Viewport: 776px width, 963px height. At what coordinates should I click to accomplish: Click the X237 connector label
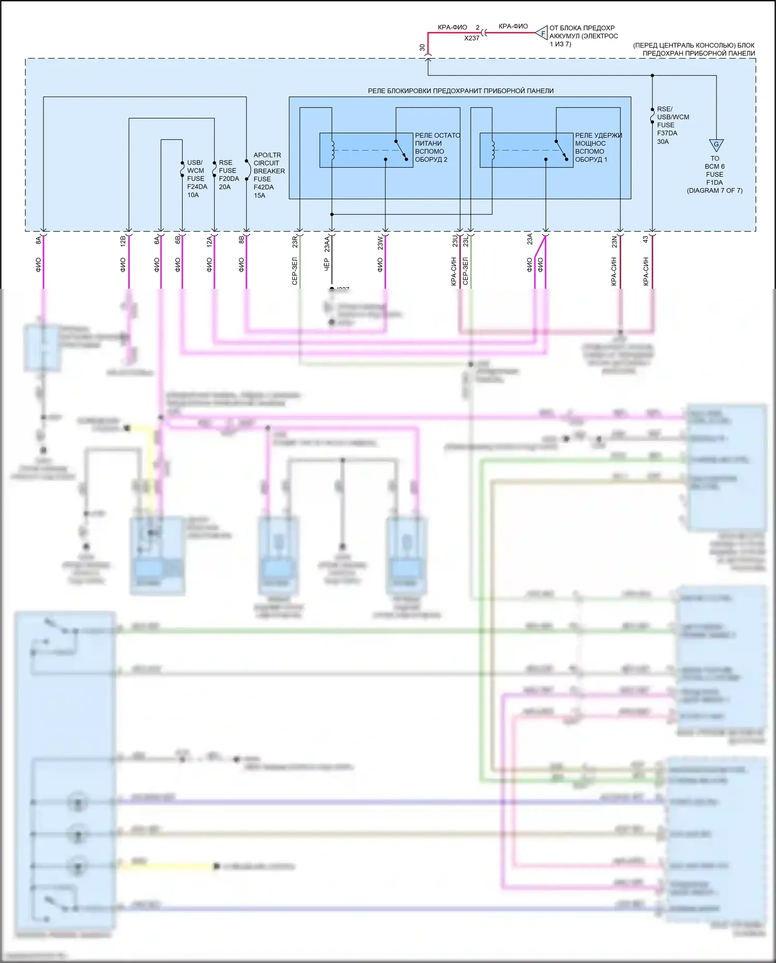click(x=471, y=38)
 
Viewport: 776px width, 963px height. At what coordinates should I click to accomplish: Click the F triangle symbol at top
click(x=542, y=34)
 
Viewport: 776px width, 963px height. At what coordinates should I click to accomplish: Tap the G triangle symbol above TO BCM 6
click(x=716, y=145)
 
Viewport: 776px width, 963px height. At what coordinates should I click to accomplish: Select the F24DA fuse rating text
click(x=197, y=187)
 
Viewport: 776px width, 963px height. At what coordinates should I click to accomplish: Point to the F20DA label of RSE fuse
click(x=229, y=179)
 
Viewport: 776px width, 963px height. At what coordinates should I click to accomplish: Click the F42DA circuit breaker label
click(x=263, y=187)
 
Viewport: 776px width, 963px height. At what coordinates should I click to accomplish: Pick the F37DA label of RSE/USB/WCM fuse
click(x=667, y=134)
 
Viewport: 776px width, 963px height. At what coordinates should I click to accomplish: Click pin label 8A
click(x=38, y=241)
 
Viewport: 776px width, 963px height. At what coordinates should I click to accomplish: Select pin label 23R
click(x=294, y=242)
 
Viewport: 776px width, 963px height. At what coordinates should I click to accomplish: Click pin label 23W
click(x=380, y=243)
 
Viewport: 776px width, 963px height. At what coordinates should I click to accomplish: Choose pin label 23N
click(x=614, y=242)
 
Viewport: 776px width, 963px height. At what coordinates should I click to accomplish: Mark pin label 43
click(x=646, y=240)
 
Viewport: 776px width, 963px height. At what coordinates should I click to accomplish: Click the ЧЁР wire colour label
click(x=326, y=264)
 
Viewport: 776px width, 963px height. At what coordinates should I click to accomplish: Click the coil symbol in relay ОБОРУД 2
click(x=333, y=150)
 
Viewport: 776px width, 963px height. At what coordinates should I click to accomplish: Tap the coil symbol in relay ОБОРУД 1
click(x=493, y=150)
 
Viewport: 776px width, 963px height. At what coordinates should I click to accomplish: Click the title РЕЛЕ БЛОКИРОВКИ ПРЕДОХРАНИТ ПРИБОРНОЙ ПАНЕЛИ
click(x=460, y=91)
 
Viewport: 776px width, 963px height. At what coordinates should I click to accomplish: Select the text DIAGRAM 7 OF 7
click(x=714, y=191)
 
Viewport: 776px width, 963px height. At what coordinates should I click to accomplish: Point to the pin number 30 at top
click(x=422, y=48)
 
